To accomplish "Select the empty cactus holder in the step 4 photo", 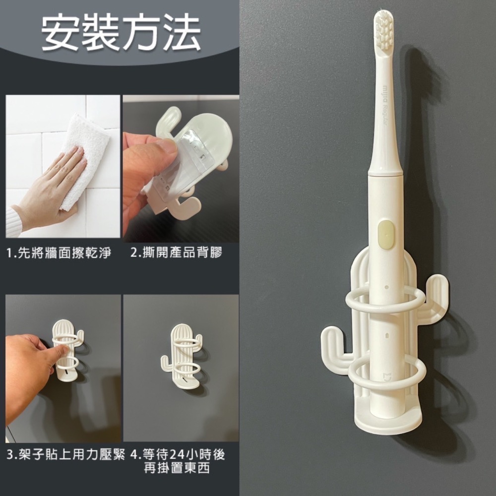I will [x=182, y=357].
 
